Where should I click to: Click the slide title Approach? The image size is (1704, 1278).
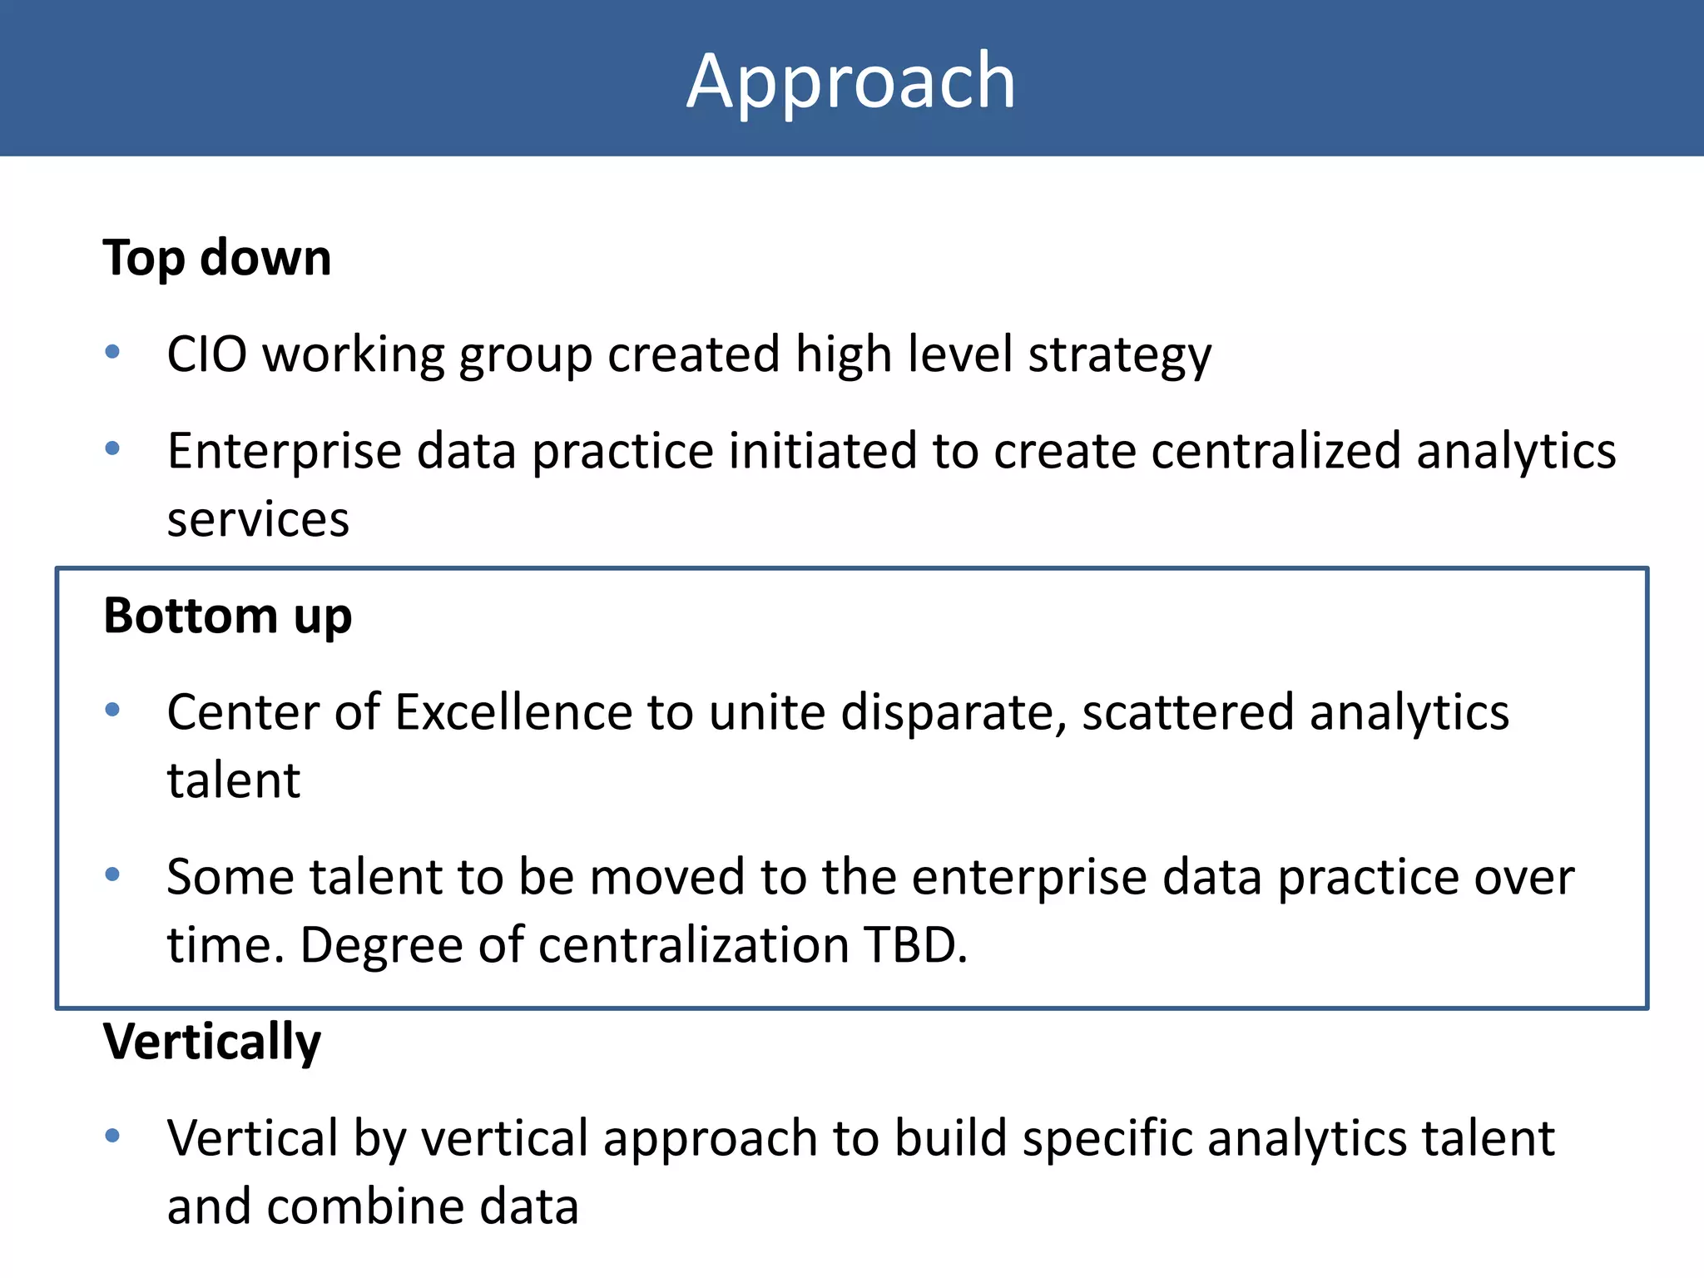pos(851,81)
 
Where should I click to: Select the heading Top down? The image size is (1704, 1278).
pos(216,257)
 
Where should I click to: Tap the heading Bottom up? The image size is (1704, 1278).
pos(227,617)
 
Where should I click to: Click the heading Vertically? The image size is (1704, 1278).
pos(211,1041)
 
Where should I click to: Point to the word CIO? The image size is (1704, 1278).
pos(207,354)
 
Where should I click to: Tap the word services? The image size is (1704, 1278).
pos(258,520)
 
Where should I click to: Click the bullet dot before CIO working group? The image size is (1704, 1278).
pos(112,352)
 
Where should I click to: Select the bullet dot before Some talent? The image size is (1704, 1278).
pos(112,874)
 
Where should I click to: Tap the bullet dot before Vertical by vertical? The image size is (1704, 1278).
pos(112,1136)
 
